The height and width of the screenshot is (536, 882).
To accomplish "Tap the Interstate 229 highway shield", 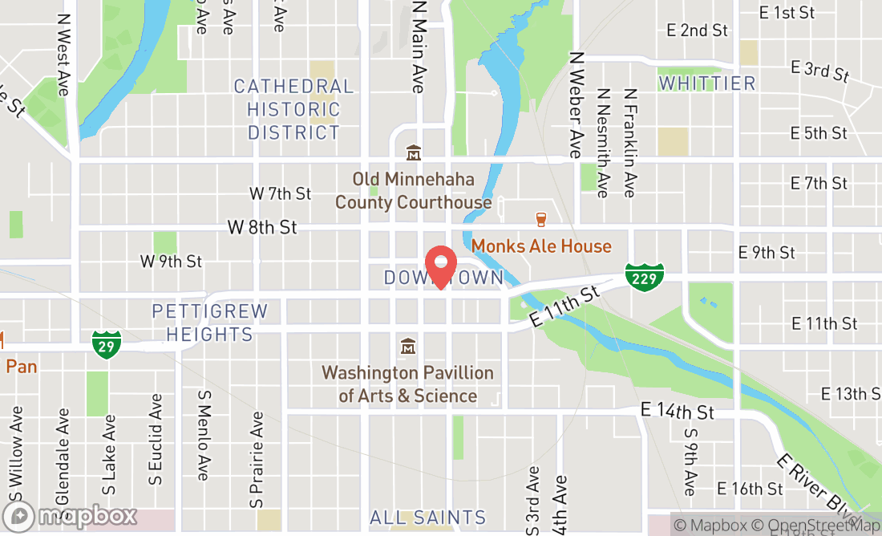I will coord(645,277).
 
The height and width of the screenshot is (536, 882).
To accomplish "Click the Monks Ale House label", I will coord(541,246).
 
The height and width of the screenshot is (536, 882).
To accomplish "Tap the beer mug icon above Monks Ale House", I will coord(541,218).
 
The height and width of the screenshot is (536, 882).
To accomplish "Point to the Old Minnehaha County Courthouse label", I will coord(413,191).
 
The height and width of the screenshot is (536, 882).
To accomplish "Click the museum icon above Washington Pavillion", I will coord(408,347).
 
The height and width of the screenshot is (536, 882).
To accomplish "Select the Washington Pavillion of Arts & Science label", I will coord(408,384).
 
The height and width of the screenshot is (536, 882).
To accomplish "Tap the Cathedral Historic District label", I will coord(293,109).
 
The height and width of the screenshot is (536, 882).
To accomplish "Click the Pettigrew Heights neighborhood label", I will coord(210,323).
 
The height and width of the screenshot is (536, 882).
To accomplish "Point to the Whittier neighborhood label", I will coord(706,83).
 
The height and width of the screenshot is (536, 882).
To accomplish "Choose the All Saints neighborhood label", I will coord(428,518).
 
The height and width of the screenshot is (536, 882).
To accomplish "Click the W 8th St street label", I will coord(262,228).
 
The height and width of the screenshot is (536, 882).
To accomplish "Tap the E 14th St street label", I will coord(677,412).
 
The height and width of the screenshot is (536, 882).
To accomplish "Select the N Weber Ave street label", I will coord(575,104).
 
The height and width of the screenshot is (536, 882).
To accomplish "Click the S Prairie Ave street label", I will coord(257,459).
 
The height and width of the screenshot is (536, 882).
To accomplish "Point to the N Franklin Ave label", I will coord(630,143).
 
